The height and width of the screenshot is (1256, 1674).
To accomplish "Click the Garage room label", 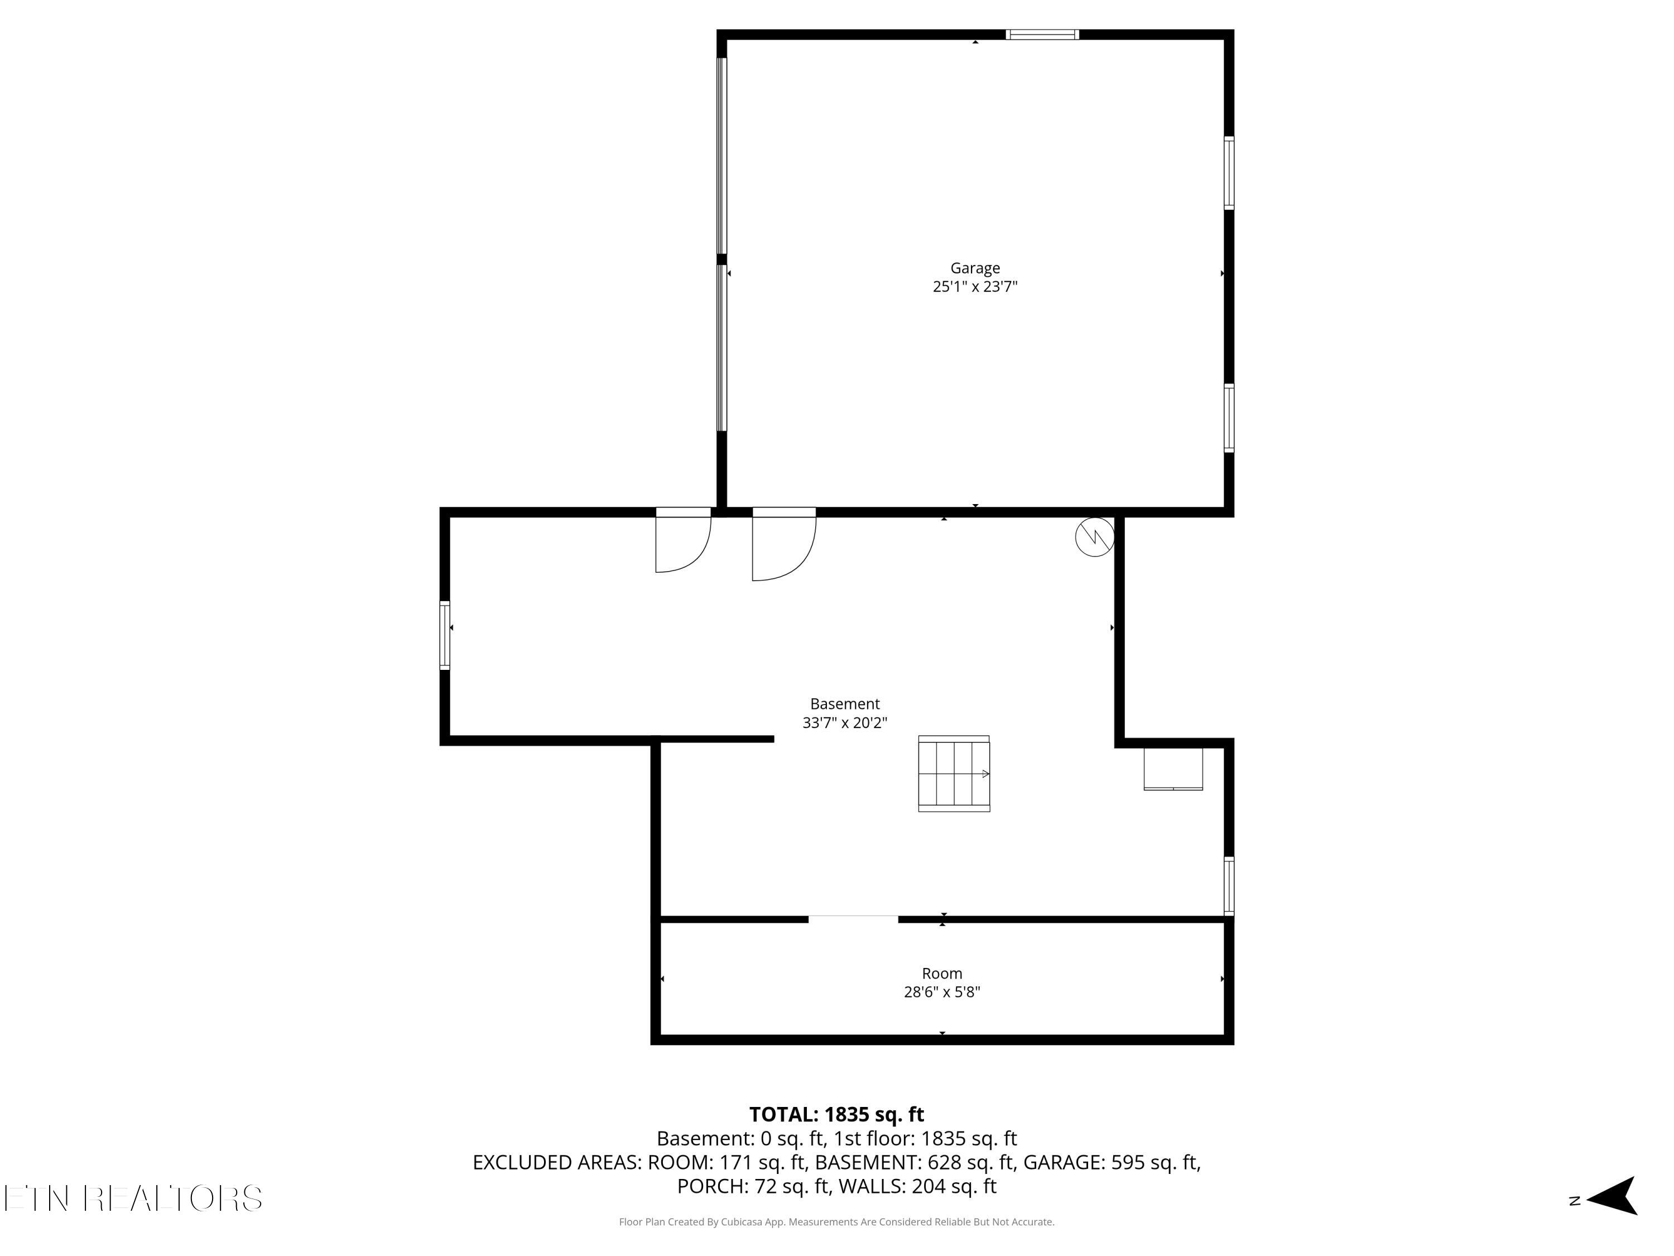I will [975, 268].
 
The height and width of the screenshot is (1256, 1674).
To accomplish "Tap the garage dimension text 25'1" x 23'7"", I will [975, 287].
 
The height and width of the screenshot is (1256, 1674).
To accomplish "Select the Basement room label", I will [845, 704].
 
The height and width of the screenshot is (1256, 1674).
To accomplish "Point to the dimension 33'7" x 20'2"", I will [845, 723].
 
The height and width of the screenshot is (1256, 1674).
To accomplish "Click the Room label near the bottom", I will [941, 974].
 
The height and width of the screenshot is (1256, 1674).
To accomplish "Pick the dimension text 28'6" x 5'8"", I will [941, 993].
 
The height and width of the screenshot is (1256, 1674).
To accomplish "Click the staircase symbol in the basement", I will [954, 774].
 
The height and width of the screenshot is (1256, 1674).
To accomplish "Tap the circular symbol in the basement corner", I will [1094, 537].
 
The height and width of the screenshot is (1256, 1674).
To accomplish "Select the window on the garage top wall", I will [1042, 34].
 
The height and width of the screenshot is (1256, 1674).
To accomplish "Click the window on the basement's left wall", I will [445, 635].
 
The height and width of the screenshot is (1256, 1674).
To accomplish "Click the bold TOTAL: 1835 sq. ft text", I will [836, 1114].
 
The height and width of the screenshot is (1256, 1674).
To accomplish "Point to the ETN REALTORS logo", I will [133, 1199].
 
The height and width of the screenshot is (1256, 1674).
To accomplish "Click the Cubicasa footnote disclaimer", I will [836, 1222].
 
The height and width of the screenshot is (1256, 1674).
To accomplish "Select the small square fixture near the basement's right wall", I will [1172, 769].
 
